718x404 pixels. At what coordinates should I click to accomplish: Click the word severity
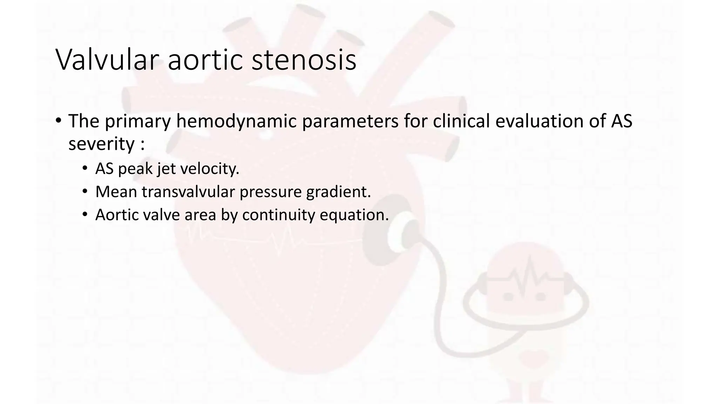(101, 144)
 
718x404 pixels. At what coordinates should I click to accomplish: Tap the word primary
(137, 121)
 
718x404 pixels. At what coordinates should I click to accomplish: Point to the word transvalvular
(188, 192)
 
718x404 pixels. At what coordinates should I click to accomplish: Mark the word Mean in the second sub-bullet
(116, 192)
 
